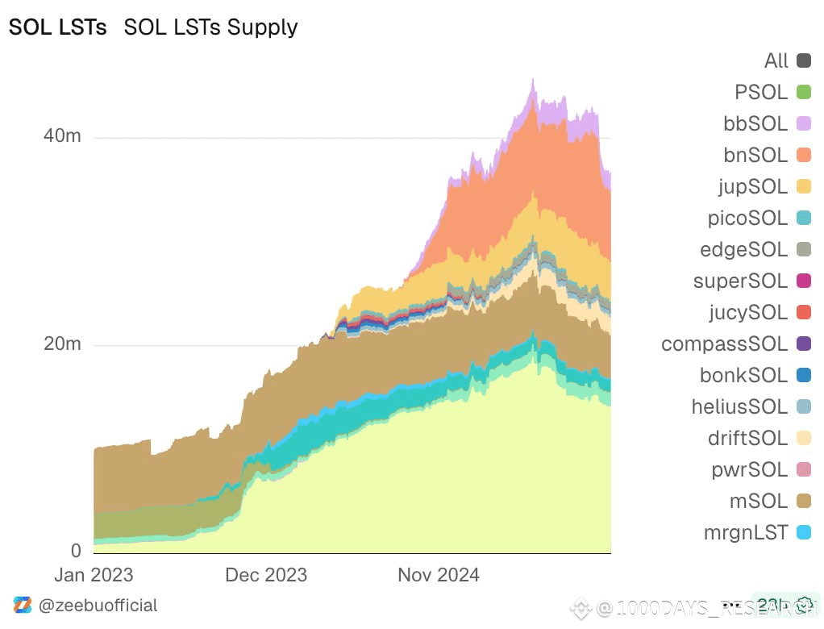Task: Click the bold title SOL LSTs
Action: (x=56, y=27)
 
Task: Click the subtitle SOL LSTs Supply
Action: (x=210, y=27)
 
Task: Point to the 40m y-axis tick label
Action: (x=62, y=136)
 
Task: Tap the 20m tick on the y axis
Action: (x=62, y=344)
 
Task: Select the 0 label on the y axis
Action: (x=76, y=552)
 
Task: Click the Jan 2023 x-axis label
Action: (x=94, y=575)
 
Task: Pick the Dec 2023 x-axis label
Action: (x=266, y=575)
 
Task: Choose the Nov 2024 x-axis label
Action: (x=439, y=575)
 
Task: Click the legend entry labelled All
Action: (x=776, y=60)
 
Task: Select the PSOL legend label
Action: (x=761, y=92)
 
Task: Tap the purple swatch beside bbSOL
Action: (x=803, y=123)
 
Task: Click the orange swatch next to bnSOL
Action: (x=803, y=155)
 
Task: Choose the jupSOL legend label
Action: (x=753, y=186)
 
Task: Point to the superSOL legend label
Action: (x=740, y=281)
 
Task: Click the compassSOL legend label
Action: (x=724, y=344)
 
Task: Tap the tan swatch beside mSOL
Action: (x=803, y=501)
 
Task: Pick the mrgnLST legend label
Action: (x=746, y=532)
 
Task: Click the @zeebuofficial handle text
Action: (x=98, y=606)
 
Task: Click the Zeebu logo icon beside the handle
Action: (x=23, y=606)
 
